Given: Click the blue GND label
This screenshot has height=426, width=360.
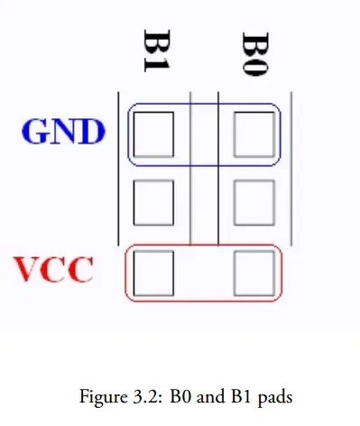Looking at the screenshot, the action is click(x=63, y=131).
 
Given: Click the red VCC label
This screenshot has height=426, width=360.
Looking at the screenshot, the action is click(x=53, y=269).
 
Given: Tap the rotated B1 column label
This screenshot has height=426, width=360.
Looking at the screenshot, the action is click(x=157, y=51).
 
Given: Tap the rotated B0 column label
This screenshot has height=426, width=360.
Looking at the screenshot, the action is click(x=255, y=54).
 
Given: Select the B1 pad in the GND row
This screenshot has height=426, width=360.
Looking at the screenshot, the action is click(x=153, y=134).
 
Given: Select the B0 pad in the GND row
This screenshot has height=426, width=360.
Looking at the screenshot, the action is click(x=254, y=134).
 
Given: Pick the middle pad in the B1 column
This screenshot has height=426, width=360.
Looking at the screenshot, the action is click(x=153, y=202).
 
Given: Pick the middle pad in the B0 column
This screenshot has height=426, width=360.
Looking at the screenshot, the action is click(x=254, y=202).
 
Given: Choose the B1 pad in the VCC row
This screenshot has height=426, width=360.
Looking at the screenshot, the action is click(x=153, y=273).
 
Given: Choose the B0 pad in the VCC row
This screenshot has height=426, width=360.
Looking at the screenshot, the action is click(x=254, y=273).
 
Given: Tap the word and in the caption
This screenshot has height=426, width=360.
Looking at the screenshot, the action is click(x=210, y=396).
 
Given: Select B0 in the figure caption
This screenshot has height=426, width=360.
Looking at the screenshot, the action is click(x=180, y=396).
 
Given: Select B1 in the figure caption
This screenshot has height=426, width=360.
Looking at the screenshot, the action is click(x=242, y=396).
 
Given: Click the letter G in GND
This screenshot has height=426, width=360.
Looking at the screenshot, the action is click(x=35, y=132).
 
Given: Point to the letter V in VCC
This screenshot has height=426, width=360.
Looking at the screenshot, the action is click(x=27, y=269).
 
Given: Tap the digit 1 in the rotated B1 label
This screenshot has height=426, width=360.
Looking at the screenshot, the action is click(x=157, y=65).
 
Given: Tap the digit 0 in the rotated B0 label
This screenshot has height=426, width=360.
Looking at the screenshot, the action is click(x=255, y=66).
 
